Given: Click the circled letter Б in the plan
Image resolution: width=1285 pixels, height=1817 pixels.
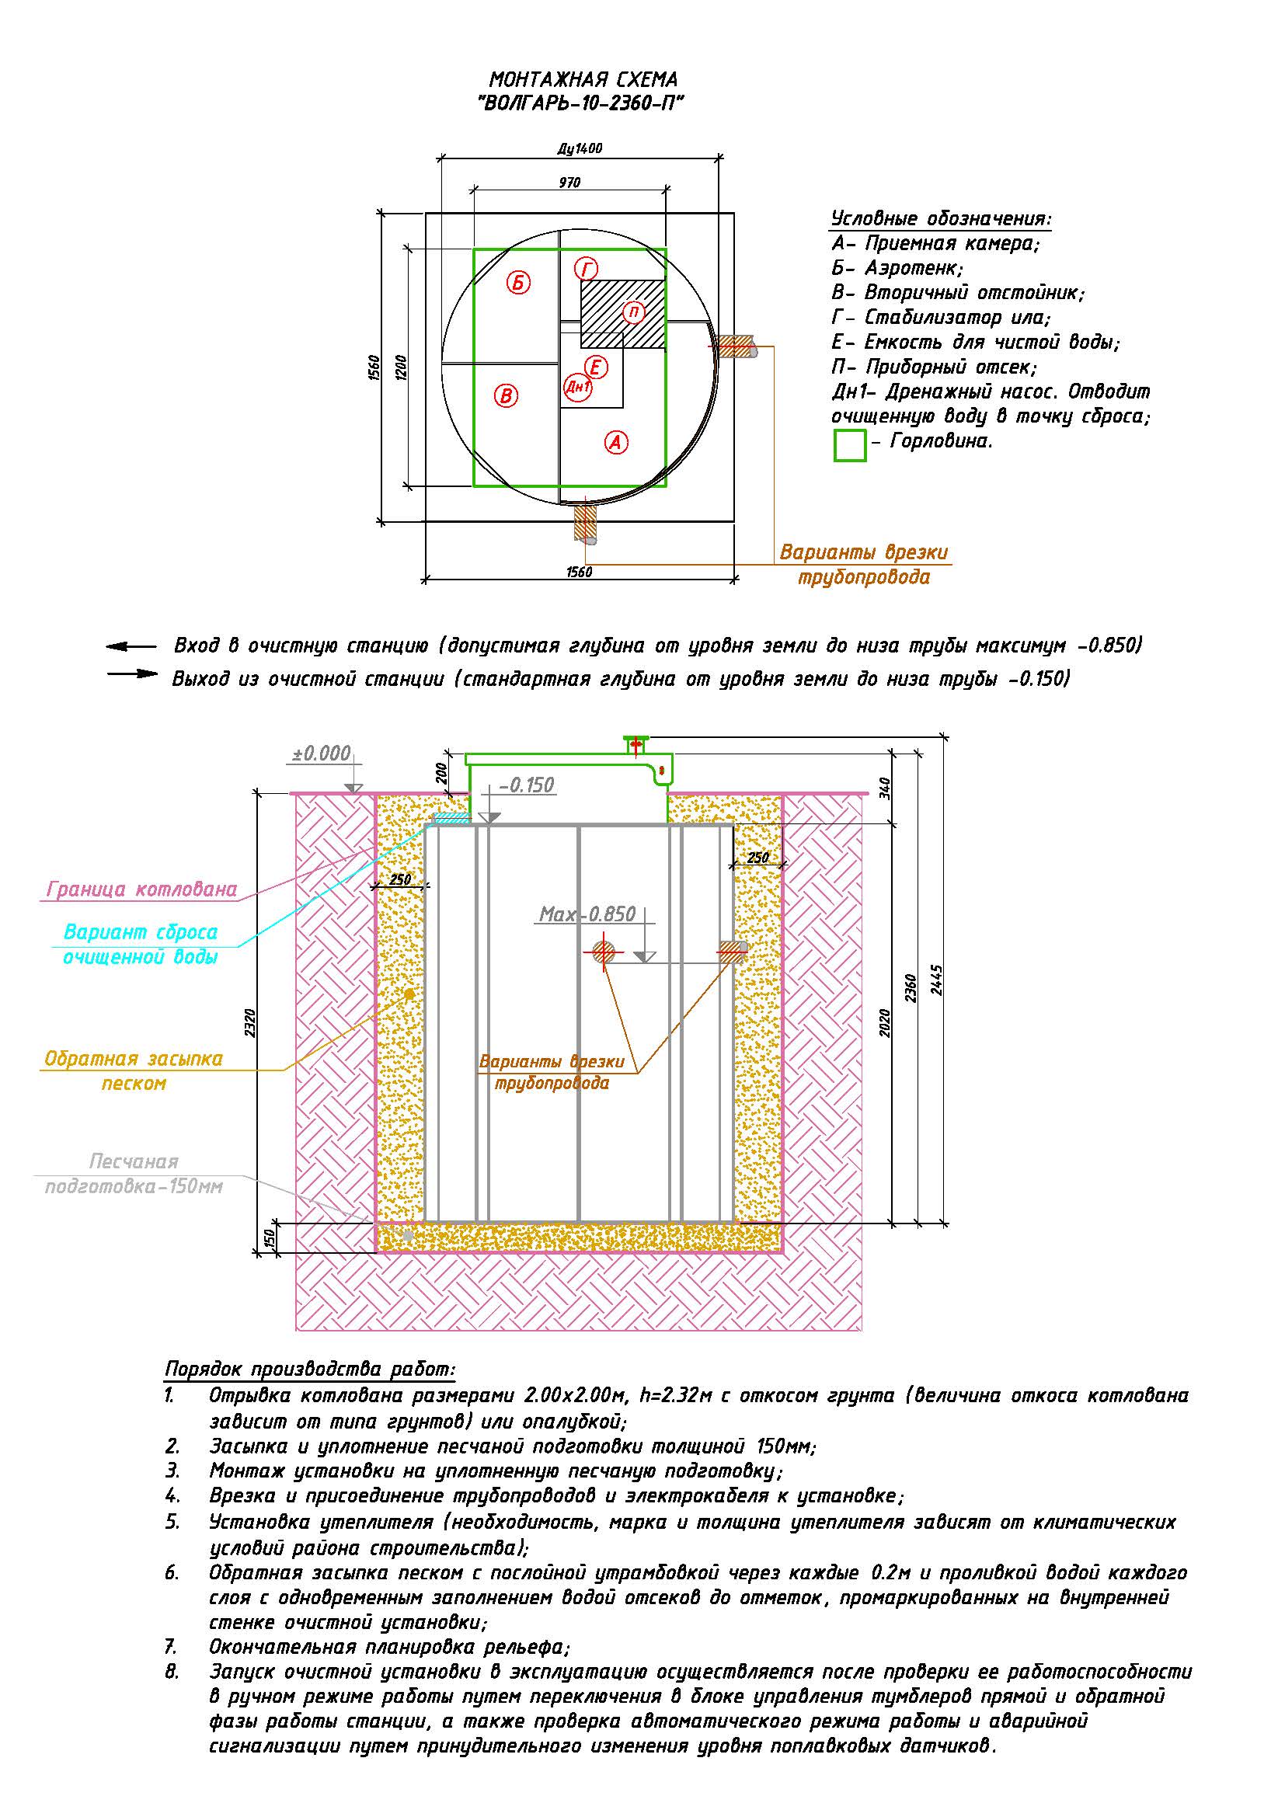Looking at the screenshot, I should [519, 283].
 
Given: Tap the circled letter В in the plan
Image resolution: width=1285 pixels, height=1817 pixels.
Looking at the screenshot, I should [507, 395].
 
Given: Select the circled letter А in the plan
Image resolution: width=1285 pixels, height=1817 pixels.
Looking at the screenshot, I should [616, 442].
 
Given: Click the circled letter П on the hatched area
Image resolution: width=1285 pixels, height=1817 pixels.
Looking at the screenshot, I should [633, 312].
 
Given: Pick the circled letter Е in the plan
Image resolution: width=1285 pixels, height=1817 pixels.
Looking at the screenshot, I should [596, 367].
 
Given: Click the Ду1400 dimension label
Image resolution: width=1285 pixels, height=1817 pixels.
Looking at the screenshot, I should [580, 148].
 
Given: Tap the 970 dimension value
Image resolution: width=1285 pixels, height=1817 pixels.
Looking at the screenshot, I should [569, 183].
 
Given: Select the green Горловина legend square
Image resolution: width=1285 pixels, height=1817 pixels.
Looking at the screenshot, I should [850, 444].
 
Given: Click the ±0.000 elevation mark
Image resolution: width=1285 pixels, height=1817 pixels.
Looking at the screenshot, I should [322, 754].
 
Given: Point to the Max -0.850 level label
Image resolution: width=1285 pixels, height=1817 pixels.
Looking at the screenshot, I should [587, 914].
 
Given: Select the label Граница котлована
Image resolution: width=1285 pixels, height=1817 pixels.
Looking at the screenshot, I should [142, 889].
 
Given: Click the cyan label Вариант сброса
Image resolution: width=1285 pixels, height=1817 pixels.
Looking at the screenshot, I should [141, 932].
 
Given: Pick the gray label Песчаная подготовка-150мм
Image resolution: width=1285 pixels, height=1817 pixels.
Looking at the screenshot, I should [134, 1175].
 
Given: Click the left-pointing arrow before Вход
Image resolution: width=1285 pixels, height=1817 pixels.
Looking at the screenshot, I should [131, 646].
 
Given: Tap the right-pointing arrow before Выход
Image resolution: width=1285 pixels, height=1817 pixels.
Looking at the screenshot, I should [133, 674].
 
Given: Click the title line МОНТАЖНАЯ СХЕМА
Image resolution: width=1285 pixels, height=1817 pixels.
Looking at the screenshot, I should [583, 80].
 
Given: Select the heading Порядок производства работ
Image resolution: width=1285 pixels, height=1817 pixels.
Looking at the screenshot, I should [310, 1369].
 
